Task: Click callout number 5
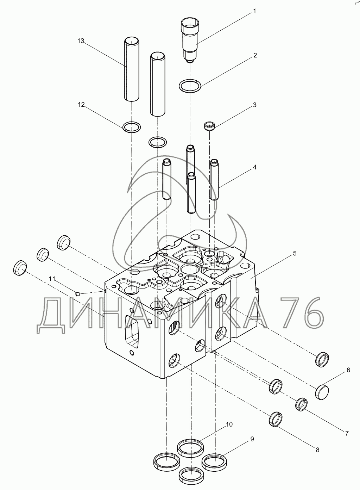pos(295,253)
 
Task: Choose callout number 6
pos(348,370)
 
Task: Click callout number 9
pos(252,439)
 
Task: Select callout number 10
pos(229,424)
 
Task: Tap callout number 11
pos(52,279)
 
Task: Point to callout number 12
pos(81,104)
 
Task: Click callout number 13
pos(81,41)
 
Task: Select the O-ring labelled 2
pos(190,86)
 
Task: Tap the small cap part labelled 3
pos(210,125)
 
